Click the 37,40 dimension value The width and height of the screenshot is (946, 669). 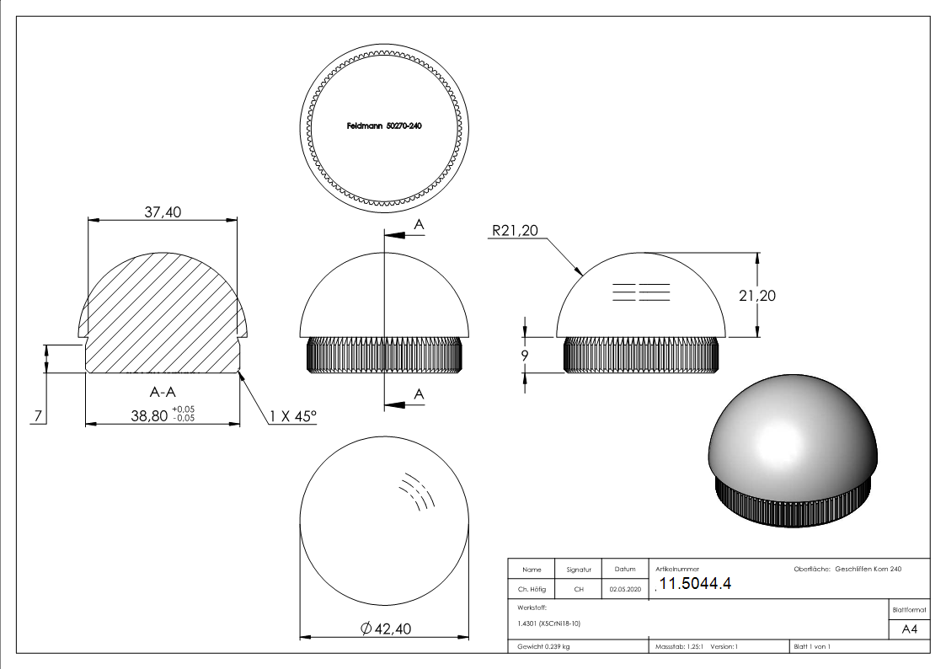point(162,212)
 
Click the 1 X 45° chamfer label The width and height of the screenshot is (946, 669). point(293,415)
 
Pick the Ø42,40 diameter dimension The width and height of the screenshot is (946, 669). point(386,628)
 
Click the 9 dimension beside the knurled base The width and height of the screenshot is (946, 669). point(525,356)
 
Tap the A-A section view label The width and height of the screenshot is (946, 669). point(163,392)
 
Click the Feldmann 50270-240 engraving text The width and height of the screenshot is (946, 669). point(384,126)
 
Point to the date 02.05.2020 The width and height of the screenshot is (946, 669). point(625,590)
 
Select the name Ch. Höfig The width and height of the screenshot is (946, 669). point(532,590)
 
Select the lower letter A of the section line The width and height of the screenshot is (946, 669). point(419,394)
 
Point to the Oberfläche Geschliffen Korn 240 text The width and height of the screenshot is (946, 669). point(847,570)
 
